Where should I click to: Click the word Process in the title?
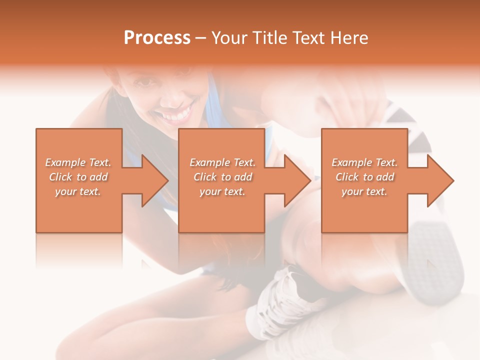[157, 38]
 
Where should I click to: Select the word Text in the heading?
[307, 38]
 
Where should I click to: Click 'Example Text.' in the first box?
[78, 162]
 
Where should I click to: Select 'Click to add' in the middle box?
[222, 177]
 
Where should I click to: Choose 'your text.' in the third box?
[364, 191]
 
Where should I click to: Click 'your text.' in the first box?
[78, 191]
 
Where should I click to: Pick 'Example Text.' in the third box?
[364, 162]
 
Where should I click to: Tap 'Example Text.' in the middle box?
[222, 162]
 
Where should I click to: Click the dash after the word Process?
[201, 38]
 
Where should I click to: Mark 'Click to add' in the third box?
[364, 177]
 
